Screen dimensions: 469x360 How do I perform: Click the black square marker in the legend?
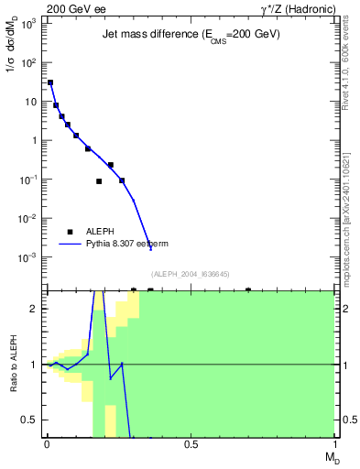(x=71, y=231)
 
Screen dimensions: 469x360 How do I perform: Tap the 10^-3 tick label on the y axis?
(x=28, y=257)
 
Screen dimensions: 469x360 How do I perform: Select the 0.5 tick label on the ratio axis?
(x=29, y=420)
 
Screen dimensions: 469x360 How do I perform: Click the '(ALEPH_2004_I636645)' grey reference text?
(x=190, y=273)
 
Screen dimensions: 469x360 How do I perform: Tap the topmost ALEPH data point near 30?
(x=50, y=82)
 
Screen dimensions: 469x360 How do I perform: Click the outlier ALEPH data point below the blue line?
(x=99, y=181)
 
